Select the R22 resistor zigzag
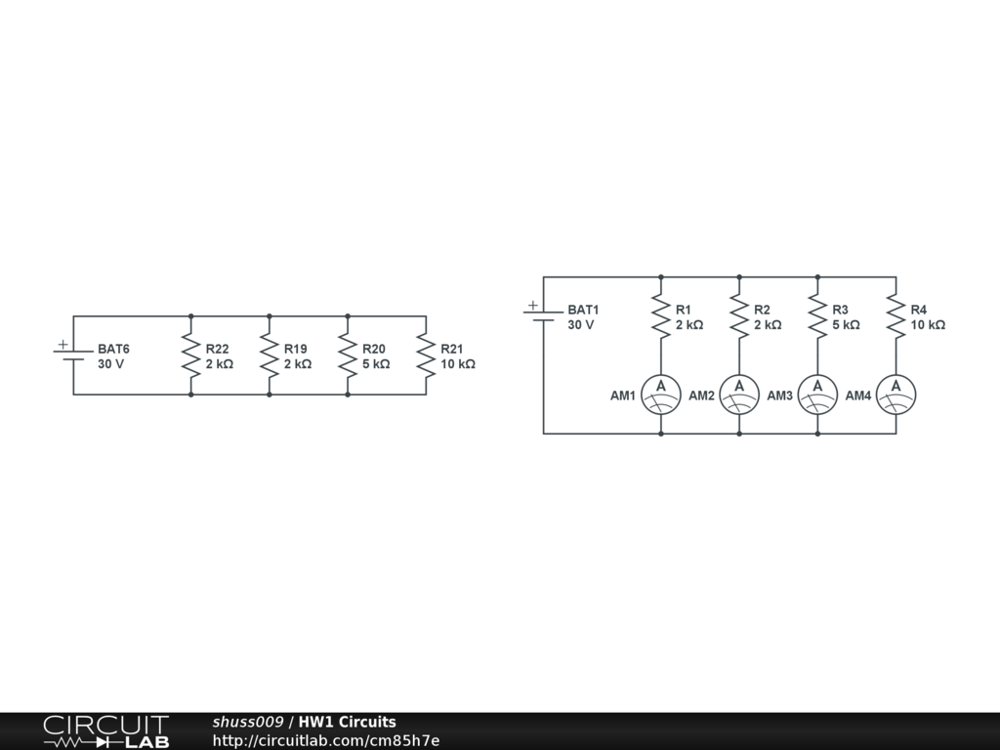click(x=190, y=355)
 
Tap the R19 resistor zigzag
click(x=269, y=355)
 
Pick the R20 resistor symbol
click(x=348, y=355)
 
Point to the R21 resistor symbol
click(x=426, y=355)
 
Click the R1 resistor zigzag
click(x=661, y=316)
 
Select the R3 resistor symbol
click(x=818, y=316)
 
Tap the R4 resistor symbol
click(x=896, y=316)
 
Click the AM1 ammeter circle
click(x=661, y=395)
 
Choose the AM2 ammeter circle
click(x=739, y=395)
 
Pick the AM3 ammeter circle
click(x=818, y=395)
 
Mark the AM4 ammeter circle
click(x=896, y=395)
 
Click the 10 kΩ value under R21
click(x=458, y=364)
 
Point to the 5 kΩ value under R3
click(x=846, y=325)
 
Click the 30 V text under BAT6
click(x=111, y=364)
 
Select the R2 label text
click(x=762, y=310)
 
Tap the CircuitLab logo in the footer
click(x=105, y=731)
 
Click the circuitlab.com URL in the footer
click(x=326, y=740)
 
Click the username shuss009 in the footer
click(x=248, y=722)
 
